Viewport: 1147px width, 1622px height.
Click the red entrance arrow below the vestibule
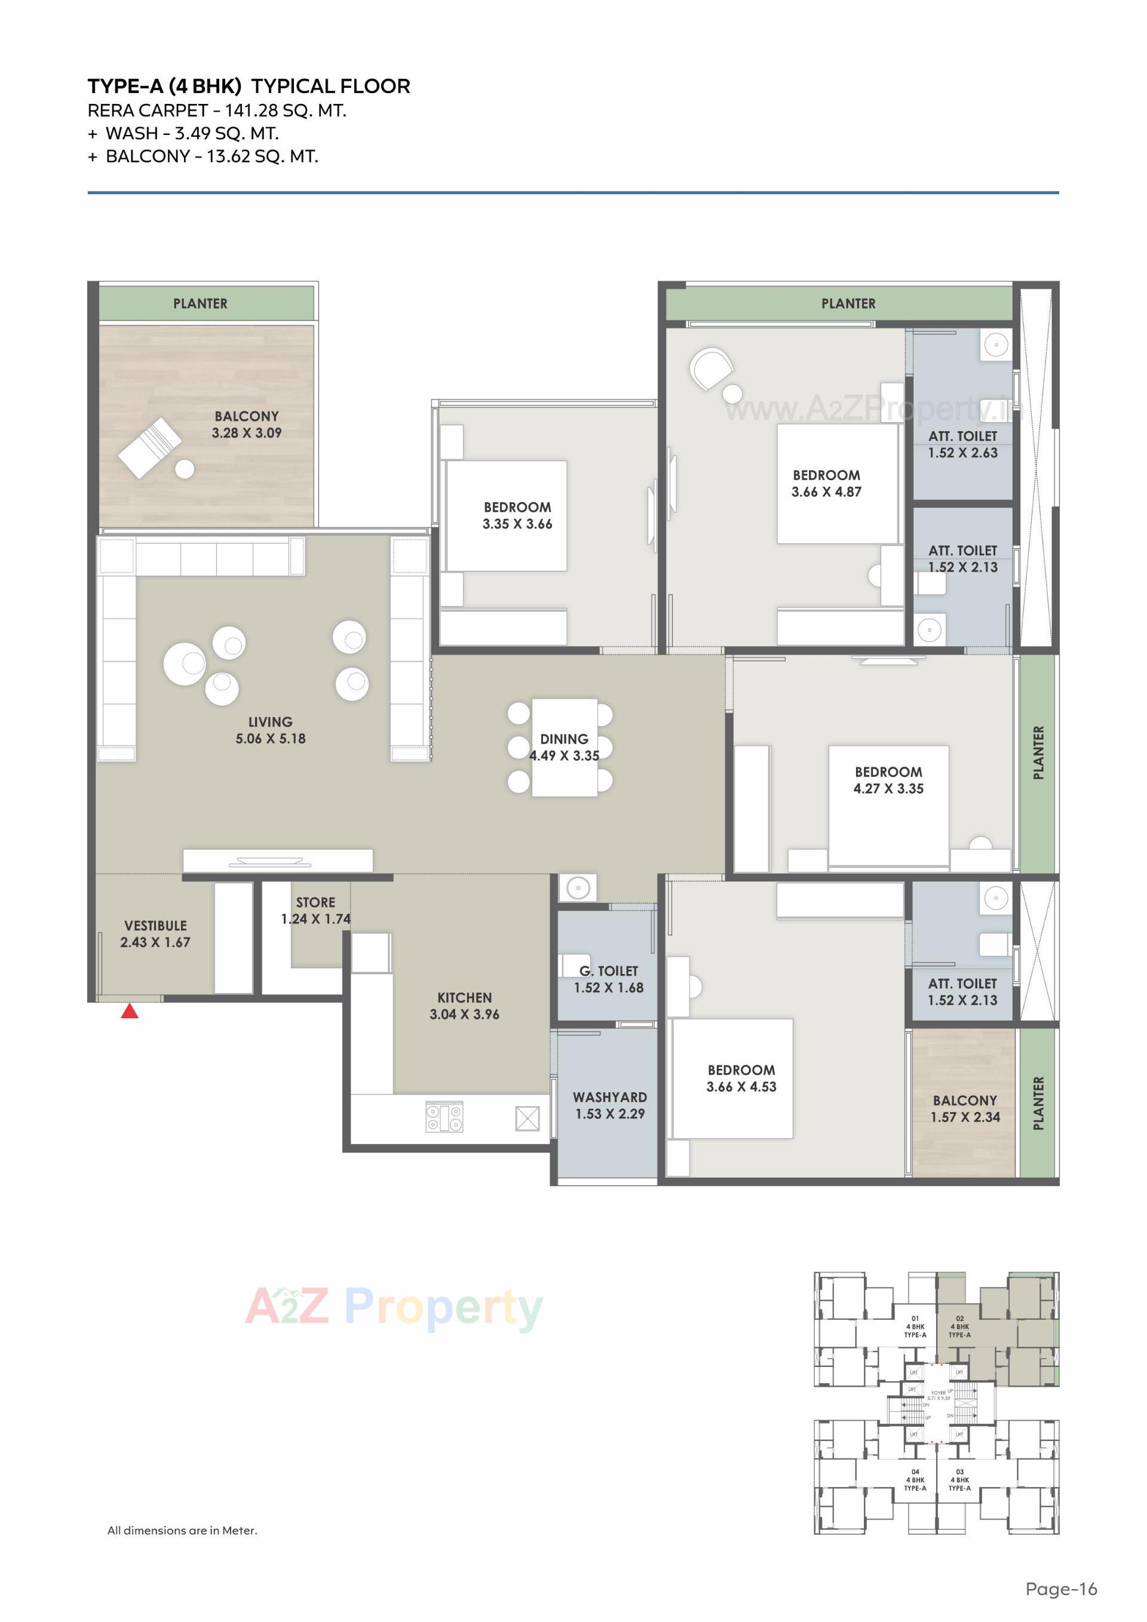point(129,1012)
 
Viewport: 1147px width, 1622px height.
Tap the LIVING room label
point(270,722)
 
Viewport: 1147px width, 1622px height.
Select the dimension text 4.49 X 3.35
point(564,756)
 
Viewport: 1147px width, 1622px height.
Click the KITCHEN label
point(464,997)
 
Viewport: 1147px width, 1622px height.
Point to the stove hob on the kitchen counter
point(444,1117)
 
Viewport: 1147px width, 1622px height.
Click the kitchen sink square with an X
point(528,1119)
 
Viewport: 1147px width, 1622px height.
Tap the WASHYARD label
point(609,1097)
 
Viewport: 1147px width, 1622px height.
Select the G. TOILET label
point(609,972)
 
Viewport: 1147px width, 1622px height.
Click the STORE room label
point(315,902)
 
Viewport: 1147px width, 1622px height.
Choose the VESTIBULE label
point(155,926)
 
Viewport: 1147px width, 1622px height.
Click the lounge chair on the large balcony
point(150,447)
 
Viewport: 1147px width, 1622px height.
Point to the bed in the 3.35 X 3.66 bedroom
point(506,516)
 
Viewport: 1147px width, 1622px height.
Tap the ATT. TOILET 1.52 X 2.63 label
point(962,444)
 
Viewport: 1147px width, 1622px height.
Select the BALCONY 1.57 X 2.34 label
point(965,1108)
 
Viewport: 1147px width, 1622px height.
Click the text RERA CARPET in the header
point(147,111)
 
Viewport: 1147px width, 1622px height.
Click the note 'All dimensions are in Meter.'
point(182,1530)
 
